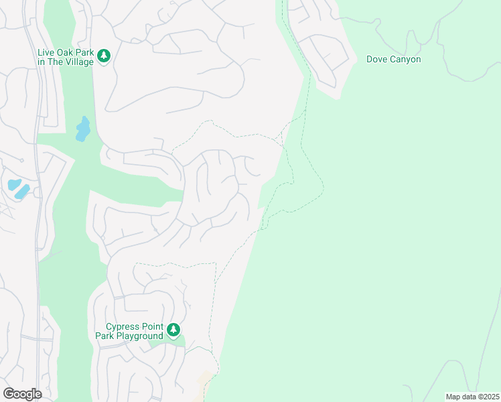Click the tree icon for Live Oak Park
point(103,56)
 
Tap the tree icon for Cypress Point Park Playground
point(173,330)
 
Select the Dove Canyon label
point(393,59)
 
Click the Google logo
point(22,393)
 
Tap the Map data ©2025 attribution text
point(472,397)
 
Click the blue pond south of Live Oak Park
point(82,129)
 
